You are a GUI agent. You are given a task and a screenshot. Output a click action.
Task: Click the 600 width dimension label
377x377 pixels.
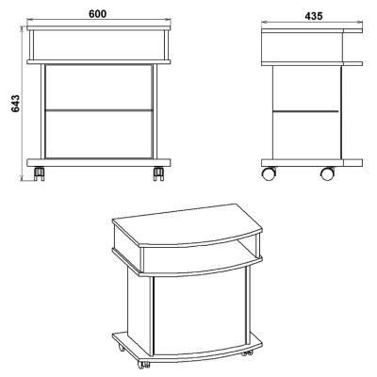click(x=98, y=14)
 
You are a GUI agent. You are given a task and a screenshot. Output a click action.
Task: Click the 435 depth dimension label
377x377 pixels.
click(x=314, y=16)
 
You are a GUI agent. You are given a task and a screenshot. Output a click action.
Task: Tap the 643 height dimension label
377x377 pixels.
click(x=15, y=104)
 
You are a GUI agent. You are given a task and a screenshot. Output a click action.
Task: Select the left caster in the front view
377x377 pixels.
click(x=40, y=174)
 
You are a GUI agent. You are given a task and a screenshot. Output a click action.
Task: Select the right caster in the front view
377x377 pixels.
click(x=158, y=174)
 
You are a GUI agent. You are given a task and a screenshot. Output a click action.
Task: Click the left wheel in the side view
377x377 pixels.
click(x=269, y=173)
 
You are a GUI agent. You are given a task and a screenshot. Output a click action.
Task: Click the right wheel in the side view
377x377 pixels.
click(x=327, y=173)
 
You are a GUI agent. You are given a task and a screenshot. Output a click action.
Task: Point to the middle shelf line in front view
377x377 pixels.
click(x=99, y=110)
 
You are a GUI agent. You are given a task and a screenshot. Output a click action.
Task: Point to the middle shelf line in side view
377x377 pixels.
click(x=305, y=111)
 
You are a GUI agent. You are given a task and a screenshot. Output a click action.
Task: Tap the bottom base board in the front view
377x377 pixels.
click(x=99, y=162)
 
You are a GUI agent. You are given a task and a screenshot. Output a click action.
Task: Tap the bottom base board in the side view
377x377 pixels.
click(x=312, y=163)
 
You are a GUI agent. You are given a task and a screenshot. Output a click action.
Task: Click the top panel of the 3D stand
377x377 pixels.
click(x=188, y=225)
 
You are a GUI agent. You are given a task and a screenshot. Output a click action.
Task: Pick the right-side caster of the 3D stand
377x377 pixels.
click(x=247, y=352)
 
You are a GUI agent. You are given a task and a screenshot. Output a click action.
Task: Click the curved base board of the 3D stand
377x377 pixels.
click(x=188, y=347)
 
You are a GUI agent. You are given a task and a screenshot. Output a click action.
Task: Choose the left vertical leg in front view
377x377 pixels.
click(x=42, y=111)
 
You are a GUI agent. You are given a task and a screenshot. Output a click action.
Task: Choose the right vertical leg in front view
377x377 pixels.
click(x=155, y=111)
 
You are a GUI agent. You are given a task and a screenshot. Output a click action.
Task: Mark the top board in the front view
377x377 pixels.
click(x=99, y=28)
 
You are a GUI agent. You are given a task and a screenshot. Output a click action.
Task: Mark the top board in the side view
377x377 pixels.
click(x=312, y=30)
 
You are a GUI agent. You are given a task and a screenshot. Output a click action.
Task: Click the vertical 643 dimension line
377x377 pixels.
click(x=22, y=104)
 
